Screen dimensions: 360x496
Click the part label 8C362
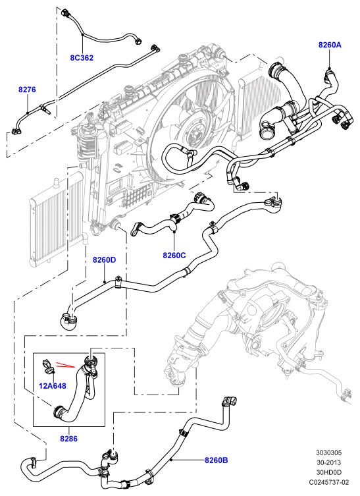(82, 57)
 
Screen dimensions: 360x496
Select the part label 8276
(27, 90)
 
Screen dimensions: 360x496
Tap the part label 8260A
(330, 45)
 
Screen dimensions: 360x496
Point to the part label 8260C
(174, 255)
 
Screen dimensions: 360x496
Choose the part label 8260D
(104, 260)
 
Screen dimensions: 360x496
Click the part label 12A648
(53, 386)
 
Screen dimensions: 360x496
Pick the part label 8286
(69, 439)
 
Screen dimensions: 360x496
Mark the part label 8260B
(216, 460)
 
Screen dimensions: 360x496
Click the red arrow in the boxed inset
(65, 365)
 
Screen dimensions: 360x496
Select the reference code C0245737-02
(329, 482)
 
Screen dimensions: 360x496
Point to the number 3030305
(329, 453)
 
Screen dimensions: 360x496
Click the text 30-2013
(329, 462)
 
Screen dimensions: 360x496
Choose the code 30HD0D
(329, 472)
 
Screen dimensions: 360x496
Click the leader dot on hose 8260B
(170, 460)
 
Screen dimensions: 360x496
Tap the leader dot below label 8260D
(104, 281)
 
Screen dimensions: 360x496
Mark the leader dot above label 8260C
(174, 232)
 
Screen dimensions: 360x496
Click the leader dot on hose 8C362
(82, 34)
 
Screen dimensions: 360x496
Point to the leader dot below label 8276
(27, 113)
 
